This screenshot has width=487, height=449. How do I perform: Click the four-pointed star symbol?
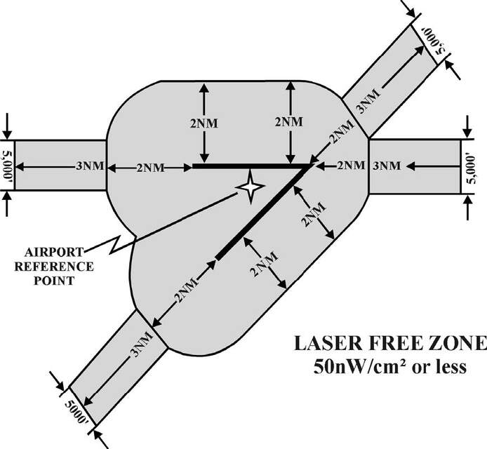coord(251,187)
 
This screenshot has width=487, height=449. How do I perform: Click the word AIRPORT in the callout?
coord(54,252)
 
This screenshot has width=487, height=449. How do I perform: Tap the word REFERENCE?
coord(54,267)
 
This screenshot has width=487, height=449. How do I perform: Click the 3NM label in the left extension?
coord(90,166)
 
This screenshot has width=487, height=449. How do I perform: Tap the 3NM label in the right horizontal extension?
coord(387,166)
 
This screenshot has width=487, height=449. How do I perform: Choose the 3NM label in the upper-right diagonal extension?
coord(368,101)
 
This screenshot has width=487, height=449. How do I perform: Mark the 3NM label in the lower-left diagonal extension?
coord(142,344)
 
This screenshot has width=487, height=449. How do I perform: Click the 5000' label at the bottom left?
coord(77,412)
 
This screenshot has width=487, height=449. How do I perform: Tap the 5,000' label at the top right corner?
coord(434,41)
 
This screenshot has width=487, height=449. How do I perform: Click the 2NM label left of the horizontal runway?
coord(150,168)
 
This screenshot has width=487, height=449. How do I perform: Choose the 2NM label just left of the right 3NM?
coord(352,166)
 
